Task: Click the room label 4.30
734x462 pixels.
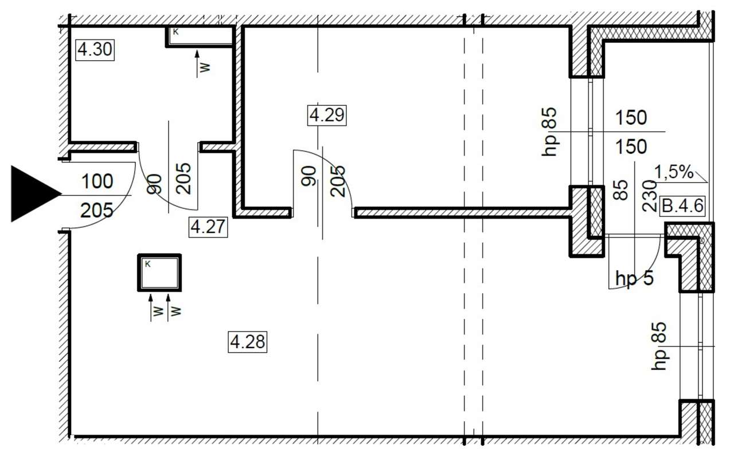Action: click(95, 50)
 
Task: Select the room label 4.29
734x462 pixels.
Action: click(327, 115)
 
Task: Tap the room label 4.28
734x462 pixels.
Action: click(247, 342)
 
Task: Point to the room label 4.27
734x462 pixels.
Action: click(208, 227)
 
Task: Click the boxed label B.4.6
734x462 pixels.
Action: click(682, 206)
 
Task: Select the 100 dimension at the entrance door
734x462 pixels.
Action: click(97, 181)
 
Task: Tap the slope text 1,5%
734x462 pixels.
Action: click(674, 172)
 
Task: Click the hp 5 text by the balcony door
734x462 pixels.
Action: click(634, 278)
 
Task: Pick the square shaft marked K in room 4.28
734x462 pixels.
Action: click(159, 273)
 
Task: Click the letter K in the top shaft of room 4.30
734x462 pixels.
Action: click(176, 32)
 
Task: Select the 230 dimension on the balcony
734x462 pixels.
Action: click(650, 196)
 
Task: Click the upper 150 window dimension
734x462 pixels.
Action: click(631, 118)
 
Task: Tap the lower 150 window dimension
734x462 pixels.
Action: click(631, 147)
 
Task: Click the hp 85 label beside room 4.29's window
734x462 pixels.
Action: click(549, 132)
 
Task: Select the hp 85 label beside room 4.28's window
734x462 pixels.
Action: click(659, 346)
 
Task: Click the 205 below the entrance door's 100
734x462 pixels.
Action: click(97, 210)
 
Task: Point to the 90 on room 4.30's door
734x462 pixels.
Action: click(154, 184)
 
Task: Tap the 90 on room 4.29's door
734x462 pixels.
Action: click(309, 176)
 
